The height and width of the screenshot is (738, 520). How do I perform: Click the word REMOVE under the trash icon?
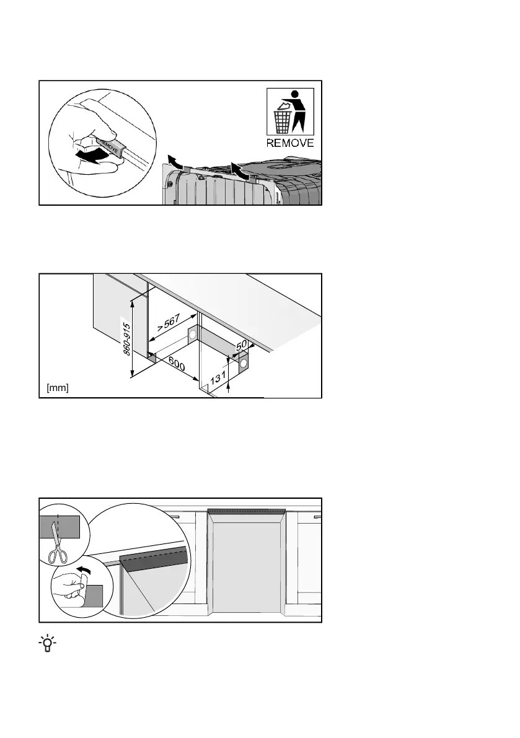(x=290, y=143)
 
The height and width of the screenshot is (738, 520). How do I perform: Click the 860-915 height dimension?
(x=126, y=338)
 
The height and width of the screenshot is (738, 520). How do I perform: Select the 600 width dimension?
(x=177, y=366)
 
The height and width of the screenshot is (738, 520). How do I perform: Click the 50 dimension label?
(x=242, y=343)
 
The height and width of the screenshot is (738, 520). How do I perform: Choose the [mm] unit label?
(x=58, y=388)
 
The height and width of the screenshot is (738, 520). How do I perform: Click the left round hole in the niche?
(x=192, y=335)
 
